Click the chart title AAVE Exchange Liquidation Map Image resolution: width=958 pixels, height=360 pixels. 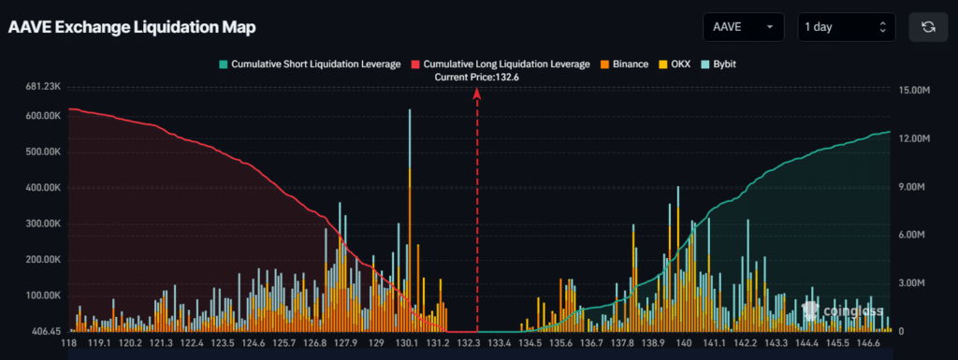click(x=132, y=27)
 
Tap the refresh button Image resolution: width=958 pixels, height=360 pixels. click(x=928, y=27)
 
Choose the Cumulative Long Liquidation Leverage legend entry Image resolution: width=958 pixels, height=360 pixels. click(x=501, y=65)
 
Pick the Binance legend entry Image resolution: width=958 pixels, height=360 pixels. click(x=624, y=65)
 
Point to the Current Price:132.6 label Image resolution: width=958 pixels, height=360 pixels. click(x=477, y=77)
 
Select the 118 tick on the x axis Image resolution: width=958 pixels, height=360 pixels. click(x=69, y=344)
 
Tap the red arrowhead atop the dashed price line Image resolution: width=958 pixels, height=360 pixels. click(x=478, y=94)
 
